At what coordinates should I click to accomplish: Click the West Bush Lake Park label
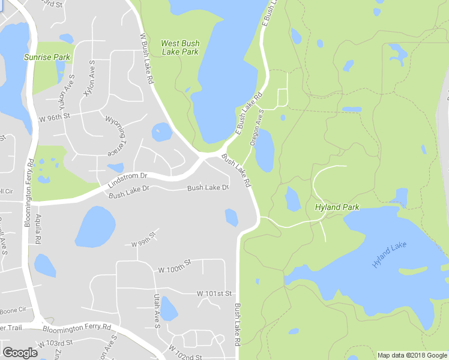pos(180,47)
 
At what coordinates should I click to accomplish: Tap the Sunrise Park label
pos(47,58)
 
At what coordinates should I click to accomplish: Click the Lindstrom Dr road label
pos(128,179)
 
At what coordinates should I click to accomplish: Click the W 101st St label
pos(214,293)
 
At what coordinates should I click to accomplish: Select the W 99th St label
pos(143,244)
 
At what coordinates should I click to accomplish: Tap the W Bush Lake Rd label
pos(146,59)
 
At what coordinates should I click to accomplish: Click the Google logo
pos(20,353)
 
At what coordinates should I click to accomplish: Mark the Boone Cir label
pos(13,310)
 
